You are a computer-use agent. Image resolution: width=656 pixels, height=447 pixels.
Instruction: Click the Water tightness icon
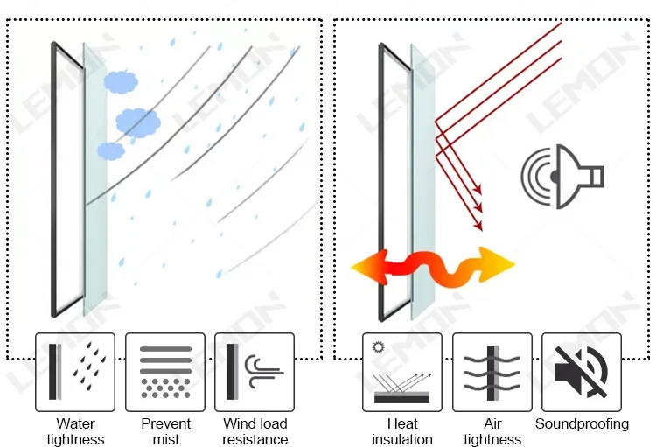point(75,372)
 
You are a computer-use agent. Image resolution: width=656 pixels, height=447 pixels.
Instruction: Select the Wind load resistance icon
point(255,372)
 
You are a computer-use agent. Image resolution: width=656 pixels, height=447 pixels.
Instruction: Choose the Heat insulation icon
point(402,372)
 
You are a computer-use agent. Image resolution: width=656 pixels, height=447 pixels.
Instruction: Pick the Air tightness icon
point(492,372)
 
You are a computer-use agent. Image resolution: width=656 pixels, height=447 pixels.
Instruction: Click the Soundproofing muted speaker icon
point(582,372)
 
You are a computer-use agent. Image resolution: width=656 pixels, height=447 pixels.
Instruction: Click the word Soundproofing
point(582,424)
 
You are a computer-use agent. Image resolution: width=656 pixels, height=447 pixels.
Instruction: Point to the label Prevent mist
point(165,431)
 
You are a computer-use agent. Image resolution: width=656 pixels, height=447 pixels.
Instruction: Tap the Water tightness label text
point(75,431)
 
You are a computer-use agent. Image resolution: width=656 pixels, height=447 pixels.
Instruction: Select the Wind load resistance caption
point(255,431)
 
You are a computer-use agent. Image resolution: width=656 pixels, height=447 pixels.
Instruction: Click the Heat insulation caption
point(402,431)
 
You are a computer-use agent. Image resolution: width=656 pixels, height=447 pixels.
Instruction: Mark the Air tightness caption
point(492,431)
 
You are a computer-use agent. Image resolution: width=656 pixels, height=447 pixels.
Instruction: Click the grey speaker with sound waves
point(561,176)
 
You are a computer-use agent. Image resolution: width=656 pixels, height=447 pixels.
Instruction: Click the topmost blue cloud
point(121,81)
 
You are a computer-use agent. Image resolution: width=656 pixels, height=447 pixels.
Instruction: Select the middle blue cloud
point(137,121)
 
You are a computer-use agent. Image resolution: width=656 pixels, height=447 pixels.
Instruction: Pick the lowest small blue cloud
point(111,150)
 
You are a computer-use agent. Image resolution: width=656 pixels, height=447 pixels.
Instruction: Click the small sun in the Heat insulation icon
point(380,347)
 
